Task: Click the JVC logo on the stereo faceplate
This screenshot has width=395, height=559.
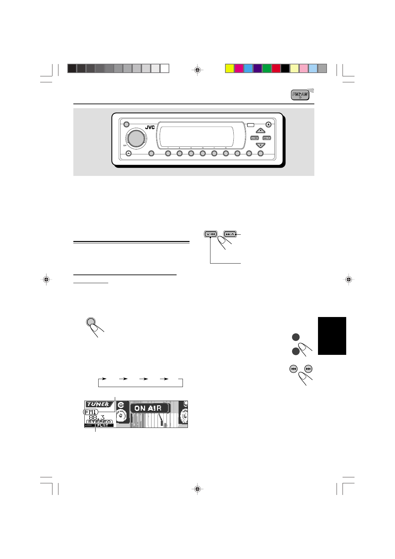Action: [150, 127]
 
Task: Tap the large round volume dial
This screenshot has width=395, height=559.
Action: [135, 138]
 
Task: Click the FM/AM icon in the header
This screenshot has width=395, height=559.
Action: [300, 95]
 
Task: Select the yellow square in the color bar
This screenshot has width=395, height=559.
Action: [230, 68]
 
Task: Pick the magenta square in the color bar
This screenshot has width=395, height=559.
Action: [239, 68]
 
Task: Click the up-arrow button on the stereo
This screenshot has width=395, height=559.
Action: [261, 130]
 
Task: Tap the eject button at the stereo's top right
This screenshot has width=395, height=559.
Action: [269, 125]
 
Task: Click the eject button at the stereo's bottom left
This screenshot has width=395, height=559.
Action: [129, 154]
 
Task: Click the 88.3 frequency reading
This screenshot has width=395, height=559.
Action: [96, 417]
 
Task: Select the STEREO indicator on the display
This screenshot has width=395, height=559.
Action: [99, 422]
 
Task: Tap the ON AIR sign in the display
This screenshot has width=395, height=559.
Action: [148, 408]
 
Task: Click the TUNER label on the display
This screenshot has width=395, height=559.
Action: [97, 404]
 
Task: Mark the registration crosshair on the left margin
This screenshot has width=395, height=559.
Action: [46, 279]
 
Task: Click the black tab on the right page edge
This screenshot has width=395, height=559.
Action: [332, 336]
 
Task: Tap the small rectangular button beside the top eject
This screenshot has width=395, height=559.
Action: [251, 125]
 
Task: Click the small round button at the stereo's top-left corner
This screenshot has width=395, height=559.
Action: [126, 124]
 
